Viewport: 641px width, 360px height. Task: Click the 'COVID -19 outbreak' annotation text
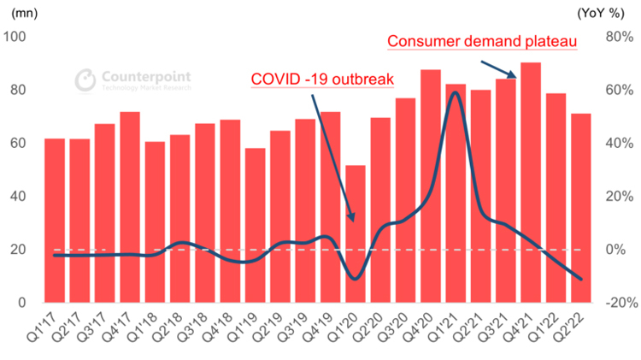(321, 80)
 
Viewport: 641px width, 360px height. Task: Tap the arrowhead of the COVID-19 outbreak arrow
(352, 217)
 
